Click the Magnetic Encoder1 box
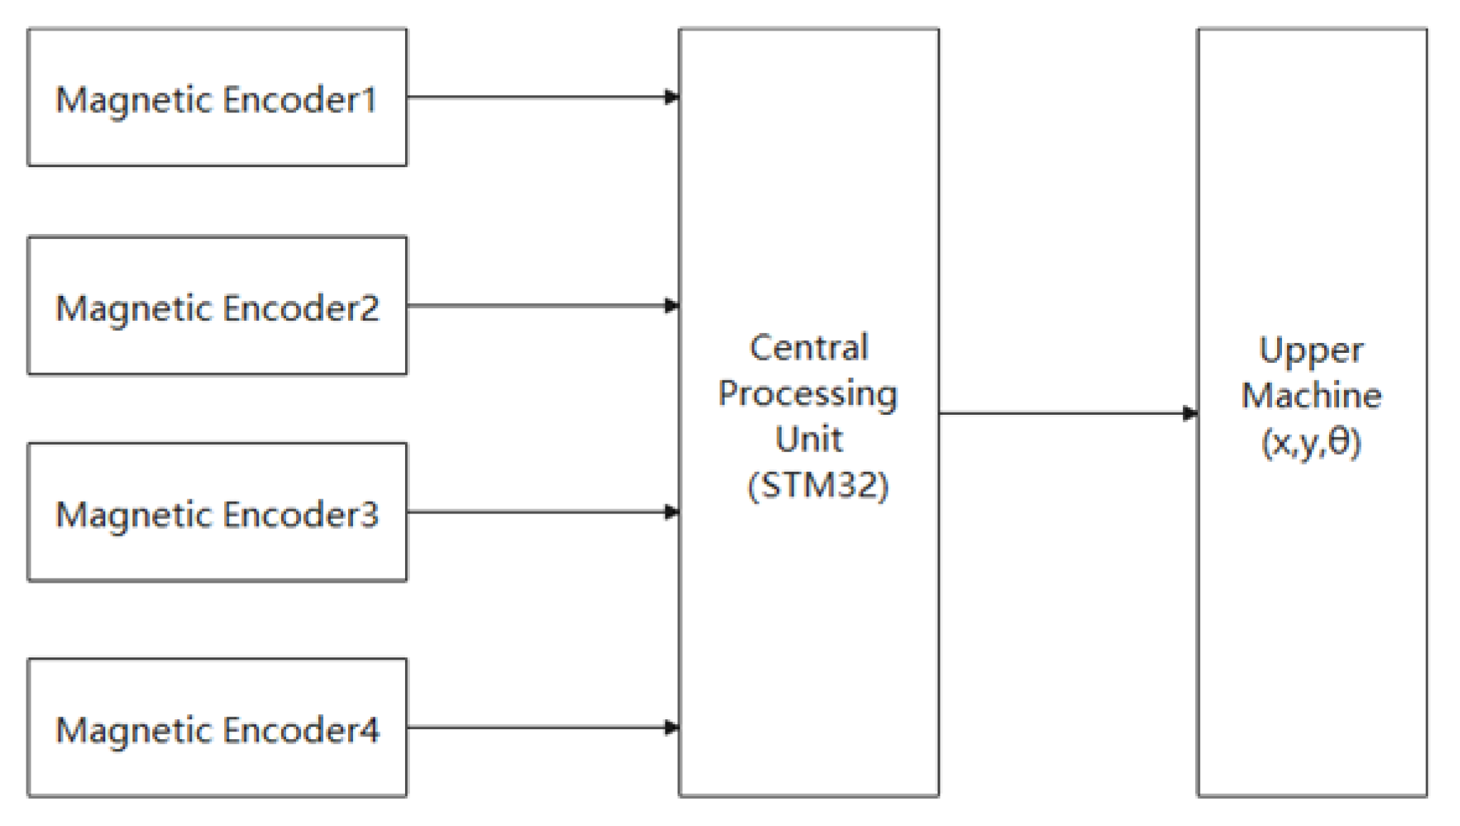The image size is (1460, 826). coord(217,97)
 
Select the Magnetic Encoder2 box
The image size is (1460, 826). coord(217,306)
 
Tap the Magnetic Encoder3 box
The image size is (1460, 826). coord(217,512)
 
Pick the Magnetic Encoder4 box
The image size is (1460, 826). coord(217,727)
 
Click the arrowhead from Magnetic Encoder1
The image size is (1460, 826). coord(671,97)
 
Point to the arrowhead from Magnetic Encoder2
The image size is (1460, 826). coord(671,306)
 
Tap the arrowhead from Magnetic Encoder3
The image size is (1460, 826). coord(671,512)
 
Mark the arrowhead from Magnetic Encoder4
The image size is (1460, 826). coord(671,727)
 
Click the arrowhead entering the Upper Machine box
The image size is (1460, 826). coord(1189,413)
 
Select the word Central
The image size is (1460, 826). coord(809,349)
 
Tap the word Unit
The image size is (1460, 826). coord(809,439)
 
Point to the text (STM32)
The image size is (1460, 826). coord(818,486)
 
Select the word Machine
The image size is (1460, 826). coord(1311,396)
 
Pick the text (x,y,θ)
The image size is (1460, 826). coord(1311,443)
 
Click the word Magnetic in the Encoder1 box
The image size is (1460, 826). coord(132,100)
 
